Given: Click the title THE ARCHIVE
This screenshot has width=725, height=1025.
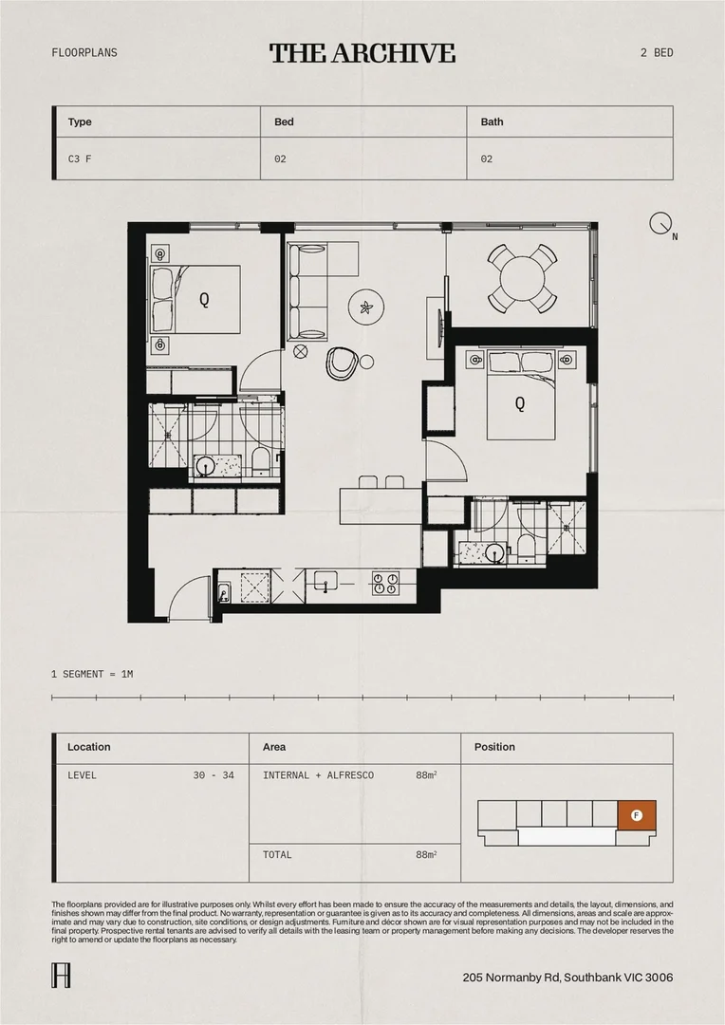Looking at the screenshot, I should (x=362, y=53).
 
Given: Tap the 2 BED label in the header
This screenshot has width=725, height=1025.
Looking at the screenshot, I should (x=657, y=53).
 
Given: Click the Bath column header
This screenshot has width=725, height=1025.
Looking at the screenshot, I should (x=492, y=122).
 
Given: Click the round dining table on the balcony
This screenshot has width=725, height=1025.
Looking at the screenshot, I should (x=520, y=277).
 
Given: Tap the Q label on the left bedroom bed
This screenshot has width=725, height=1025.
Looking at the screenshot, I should (x=204, y=300).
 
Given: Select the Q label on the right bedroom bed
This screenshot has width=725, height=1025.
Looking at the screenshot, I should (x=519, y=403).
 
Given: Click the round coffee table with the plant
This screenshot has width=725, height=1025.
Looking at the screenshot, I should (x=365, y=307).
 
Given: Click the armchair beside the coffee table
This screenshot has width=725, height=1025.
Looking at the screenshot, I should (x=341, y=361).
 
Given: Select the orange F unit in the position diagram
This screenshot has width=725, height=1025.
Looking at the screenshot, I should (x=637, y=814).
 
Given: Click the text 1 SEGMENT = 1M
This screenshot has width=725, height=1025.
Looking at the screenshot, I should (x=92, y=674).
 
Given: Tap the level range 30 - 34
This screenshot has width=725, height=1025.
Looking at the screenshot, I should (x=214, y=775).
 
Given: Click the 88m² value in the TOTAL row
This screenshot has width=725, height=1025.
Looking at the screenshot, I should (x=425, y=855).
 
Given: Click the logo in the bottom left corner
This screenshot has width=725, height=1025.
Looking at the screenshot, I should (x=59, y=977).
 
